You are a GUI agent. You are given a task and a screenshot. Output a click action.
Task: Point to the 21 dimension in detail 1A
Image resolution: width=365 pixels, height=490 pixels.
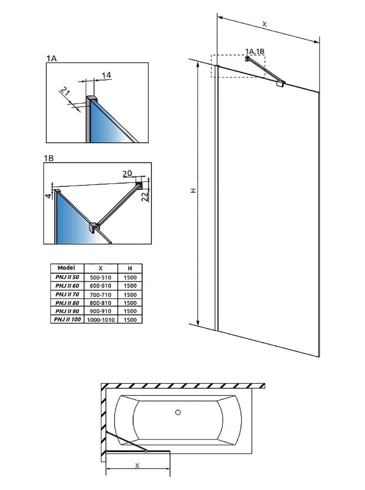point(65,95)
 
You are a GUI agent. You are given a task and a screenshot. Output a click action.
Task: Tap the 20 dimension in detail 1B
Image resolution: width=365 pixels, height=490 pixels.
point(127,173)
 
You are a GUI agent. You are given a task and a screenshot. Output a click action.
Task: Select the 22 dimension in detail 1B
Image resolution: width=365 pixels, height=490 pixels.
point(144,196)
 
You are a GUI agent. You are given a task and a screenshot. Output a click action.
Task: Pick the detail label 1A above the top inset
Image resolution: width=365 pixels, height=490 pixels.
point(51,58)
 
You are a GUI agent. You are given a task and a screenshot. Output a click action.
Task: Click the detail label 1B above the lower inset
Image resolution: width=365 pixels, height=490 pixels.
point(49,158)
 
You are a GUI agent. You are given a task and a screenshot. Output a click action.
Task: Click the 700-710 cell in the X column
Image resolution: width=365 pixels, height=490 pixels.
point(101,294)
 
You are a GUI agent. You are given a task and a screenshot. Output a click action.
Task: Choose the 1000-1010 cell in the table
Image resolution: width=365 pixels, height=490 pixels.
point(101,320)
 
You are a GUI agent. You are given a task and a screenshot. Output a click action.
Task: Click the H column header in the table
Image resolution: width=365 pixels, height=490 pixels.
point(130,268)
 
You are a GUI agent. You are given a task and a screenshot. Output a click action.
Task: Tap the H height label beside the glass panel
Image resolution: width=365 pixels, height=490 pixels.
point(193,191)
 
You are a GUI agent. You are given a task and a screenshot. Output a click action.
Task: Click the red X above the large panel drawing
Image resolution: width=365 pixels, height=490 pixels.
point(265,25)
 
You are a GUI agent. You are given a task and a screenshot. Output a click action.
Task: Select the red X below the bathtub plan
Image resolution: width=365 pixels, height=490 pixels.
point(137,465)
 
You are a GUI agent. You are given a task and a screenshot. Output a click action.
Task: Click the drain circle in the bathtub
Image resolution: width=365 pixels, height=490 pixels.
point(178,413)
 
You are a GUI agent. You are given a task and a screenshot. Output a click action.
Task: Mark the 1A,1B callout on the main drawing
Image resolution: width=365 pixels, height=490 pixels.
point(255,51)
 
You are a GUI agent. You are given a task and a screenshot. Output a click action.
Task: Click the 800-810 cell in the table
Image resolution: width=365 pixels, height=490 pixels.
point(101,303)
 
